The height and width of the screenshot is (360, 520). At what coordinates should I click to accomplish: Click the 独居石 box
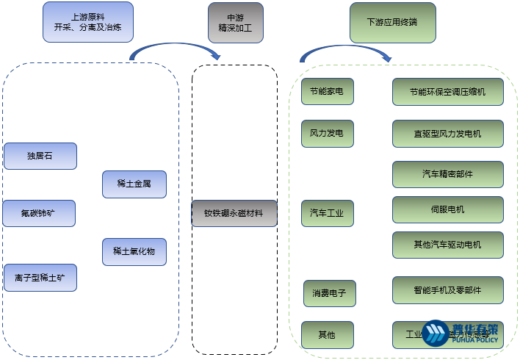click(x=40, y=156)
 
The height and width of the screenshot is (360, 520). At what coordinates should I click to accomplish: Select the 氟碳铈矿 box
click(x=40, y=213)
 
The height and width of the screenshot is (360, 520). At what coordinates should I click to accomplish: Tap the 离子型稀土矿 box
click(x=40, y=278)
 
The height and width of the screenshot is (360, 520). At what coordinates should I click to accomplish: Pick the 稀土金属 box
click(x=134, y=184)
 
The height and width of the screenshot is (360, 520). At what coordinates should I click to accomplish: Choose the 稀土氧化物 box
click(x=134, y=251)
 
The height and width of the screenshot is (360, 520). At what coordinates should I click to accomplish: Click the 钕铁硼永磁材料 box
click(x=234, y=213)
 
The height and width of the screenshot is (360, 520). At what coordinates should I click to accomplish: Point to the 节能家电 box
click(x=327, y=92)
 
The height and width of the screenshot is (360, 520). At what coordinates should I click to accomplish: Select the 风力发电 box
click(x=327, y=134)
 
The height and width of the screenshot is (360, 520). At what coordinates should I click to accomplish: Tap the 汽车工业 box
click(x=327, y=213)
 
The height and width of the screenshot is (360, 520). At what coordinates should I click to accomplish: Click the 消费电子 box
click(x=330, y=293)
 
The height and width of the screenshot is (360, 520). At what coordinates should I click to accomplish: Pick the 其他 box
click(x=327, y=334)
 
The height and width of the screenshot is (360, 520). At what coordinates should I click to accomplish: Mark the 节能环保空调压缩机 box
click(x=447, y=92)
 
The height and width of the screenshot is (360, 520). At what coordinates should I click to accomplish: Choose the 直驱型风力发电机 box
click(x=447, y=134)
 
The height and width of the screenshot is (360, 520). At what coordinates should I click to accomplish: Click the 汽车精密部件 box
click(x=447, y=174)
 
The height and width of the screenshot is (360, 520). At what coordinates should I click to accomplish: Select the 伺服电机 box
click(x=447, y=209)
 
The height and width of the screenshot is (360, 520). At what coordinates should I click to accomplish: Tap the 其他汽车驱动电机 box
click(x=447, y=245)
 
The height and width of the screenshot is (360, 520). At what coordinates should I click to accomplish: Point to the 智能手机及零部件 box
click(x=447, y=290)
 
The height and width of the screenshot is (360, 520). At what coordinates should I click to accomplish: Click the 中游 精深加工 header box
click(x=235, y=22)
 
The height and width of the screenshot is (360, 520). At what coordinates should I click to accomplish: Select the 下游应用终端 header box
click(x=392, y=22)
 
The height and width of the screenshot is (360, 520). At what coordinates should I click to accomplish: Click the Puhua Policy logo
click(x=461, y=333)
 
